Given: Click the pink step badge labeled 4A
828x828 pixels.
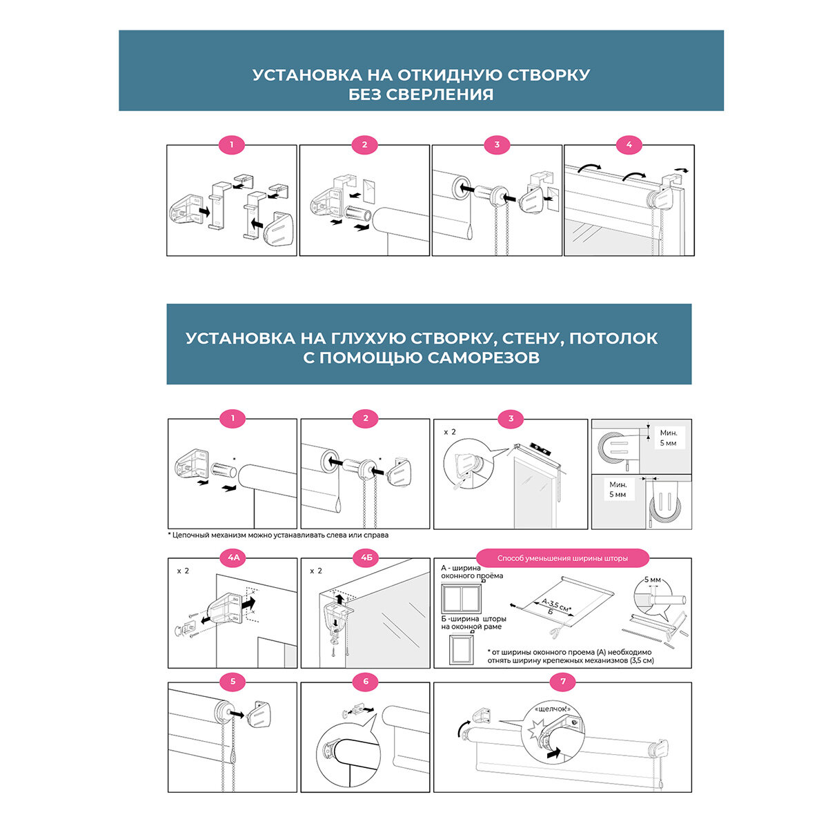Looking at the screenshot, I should point(233,558).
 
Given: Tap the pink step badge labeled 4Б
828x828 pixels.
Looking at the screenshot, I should point(366,558).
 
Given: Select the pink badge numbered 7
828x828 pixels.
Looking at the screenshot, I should point(563,682).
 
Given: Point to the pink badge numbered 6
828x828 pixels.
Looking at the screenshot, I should point(366,682).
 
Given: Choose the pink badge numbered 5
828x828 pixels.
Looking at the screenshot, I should point(233,682).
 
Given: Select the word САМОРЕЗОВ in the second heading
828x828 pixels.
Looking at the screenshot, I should point(483,357).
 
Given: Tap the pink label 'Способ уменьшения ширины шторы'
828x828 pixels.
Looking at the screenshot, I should point(562,558).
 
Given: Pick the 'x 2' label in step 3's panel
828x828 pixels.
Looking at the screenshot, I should point(449,432).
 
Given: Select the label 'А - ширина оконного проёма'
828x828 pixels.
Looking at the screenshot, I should point(471,571).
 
